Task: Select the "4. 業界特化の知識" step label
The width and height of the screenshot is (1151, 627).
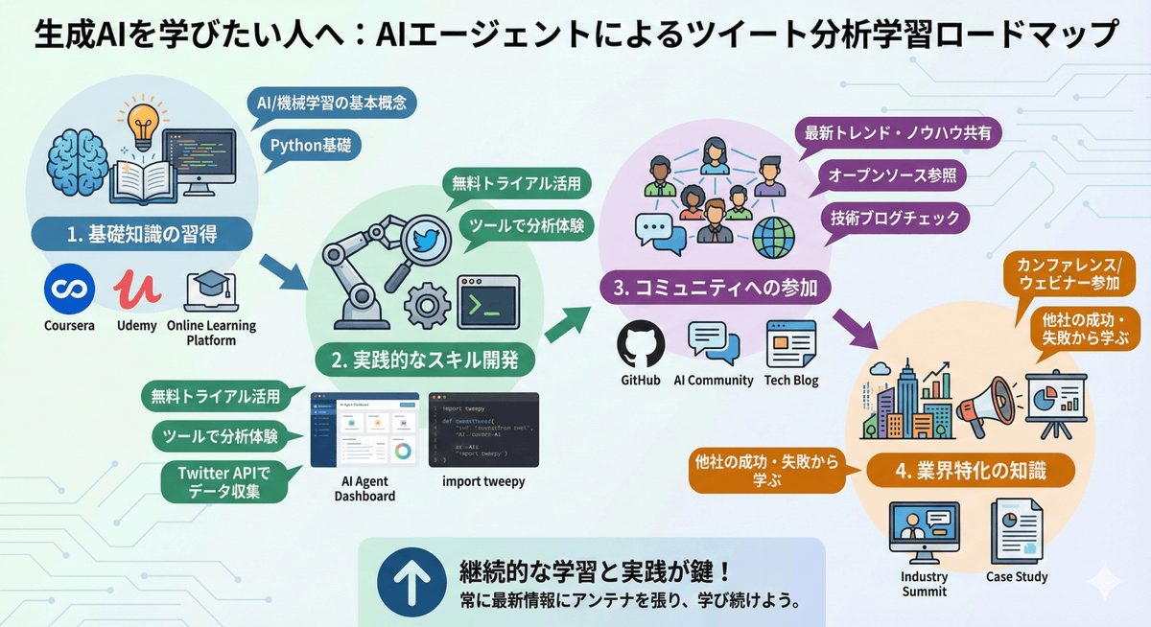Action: [x=970, y=471]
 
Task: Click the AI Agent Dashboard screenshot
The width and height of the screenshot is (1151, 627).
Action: [x=364, y=430]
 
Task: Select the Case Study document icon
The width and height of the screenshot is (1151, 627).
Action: [x=1016, y=533]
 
